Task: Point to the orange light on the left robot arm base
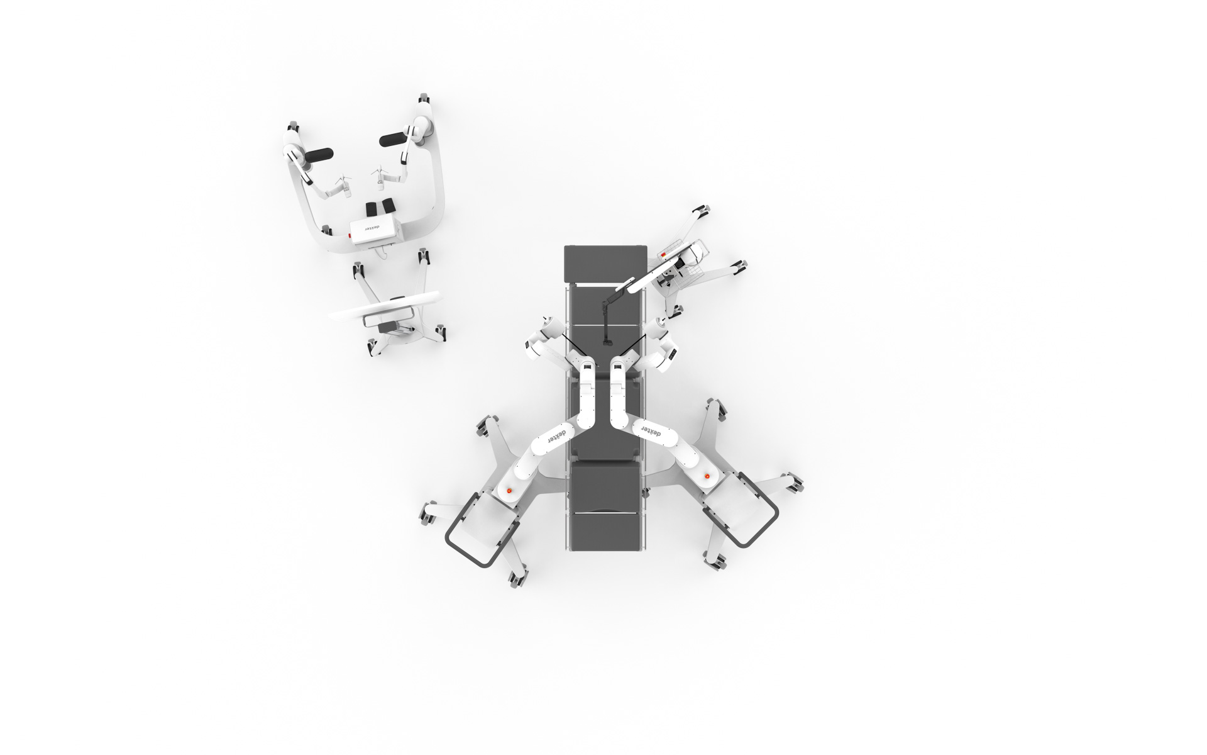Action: click(509, 490)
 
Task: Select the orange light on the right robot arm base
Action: click(709, 476)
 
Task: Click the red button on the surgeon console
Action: click(348, 236)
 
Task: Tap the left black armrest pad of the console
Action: click(319, 155)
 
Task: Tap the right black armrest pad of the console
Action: click(394, 139)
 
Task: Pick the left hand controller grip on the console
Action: click(342, 184)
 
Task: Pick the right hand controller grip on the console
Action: click(379, 177)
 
